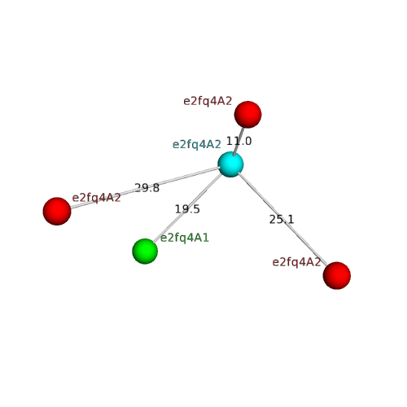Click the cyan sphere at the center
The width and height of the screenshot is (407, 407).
pyautogui.click(x=230, y=164)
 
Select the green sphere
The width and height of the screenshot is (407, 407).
pyautogui.click(x=145, y=251)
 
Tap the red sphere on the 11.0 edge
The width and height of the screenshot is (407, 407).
pyautogui.click(x=247, y=115)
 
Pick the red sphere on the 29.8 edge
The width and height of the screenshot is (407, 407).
pyautogui.click(x=57, y=211)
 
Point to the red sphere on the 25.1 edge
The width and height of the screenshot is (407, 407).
pyautogui.click(x=337, y=275)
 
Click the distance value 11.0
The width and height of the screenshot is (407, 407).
pyautogui.click(x=239, y=141)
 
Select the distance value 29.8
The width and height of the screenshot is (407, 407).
pyautogui.click(x=147, y=188)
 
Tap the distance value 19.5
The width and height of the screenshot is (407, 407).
pyautogui.click(x=187, y=209)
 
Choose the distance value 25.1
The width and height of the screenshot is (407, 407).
pyautogui.click(x=282, y=219)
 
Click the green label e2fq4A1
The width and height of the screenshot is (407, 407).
pyautogui.click(x=185, y=238)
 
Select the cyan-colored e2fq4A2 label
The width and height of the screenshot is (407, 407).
pyautogui.click(x=197, y=145)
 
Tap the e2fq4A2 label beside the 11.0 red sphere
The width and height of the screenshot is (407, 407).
pyautogui.click(x=208, y=101)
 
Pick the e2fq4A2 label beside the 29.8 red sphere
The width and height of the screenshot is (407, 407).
pyautogui.click(x=96, y=198)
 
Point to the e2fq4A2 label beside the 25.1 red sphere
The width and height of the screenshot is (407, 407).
pyautogui.click(x=296, y=262)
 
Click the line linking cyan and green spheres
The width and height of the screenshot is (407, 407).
pyautogui.click(x=188, y=208)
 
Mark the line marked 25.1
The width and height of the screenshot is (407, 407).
pyautogui.click(x=282, y=219)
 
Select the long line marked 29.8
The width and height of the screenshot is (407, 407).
pyautogui.click(x=145, y=188)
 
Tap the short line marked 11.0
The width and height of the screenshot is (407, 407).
pyautogui.click(x=238, y=141)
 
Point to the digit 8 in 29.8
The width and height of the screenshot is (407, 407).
pyautogui.click(x=156, y=188)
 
